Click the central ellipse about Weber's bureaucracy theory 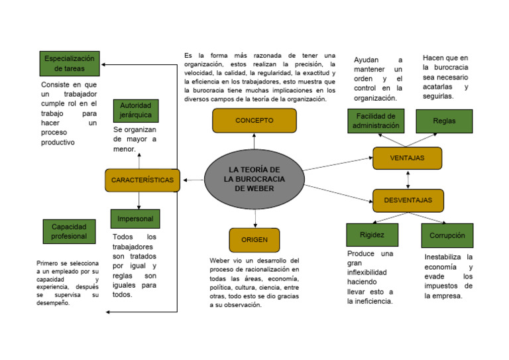coord(253,179)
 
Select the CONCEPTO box coord(254,121)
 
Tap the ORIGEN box coord(254,240)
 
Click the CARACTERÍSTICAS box coord(142,180)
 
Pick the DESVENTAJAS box coord(408,200)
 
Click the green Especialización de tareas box coord(69,64)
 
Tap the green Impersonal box coord(135,219)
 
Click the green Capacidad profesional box coord(69,231)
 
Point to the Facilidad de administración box coord(376,121)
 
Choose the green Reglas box coord(444,121)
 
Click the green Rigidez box coord(372,235)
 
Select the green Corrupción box coord(447,235)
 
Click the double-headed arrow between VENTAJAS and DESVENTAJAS coord(408,179)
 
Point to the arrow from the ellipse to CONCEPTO coord(254,141)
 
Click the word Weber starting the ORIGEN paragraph coord(221,261)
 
